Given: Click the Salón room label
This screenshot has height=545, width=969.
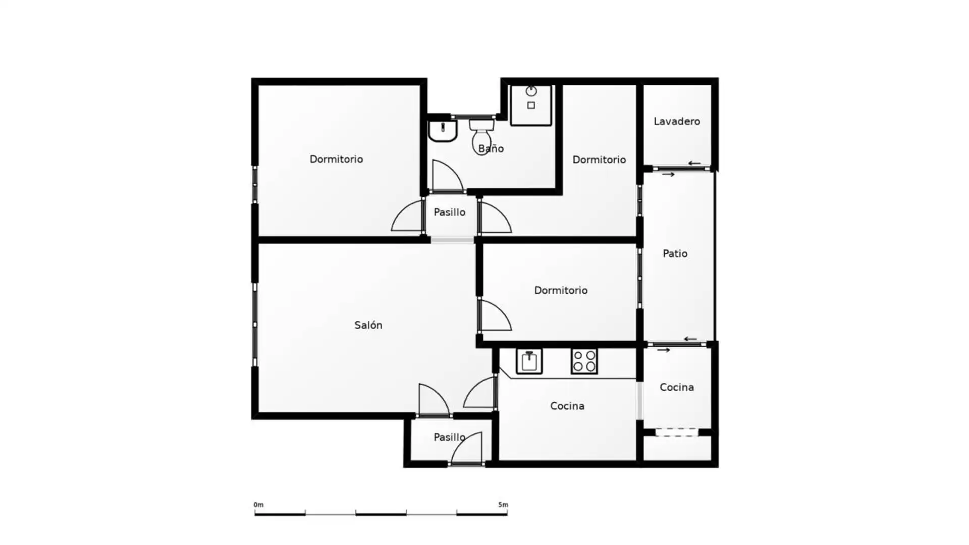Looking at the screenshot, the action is (x=368, y=325).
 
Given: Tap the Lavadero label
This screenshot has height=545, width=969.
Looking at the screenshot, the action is (x=677, y=122).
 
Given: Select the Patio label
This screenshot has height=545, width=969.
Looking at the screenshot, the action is (x=675, y=253).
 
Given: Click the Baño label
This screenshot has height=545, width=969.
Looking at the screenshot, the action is (x=491, y=148).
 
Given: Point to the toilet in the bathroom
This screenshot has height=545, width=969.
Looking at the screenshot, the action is (x=481, y=137).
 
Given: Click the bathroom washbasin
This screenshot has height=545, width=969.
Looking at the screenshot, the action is (x=443, y=131).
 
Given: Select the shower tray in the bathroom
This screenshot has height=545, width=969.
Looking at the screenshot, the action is (x=531, y=105).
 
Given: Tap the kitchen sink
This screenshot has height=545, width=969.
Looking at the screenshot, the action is (x=529, y=361).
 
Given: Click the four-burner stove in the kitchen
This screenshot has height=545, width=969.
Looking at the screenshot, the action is (x=584, y=361).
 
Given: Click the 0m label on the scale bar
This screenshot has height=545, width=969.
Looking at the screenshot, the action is (x=258, y=505).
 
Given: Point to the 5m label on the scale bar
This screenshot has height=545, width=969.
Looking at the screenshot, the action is (x=503, y=505).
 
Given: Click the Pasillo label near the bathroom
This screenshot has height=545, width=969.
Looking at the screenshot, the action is (x=449, y=212).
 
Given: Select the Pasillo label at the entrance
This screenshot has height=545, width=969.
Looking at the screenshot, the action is (x=449, y=438).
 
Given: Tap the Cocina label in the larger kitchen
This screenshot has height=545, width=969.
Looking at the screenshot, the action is (x=567, y=406).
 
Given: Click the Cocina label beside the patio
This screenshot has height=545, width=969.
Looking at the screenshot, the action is (x=677, y=388).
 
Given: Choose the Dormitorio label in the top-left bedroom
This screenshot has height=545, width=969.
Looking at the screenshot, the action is (x=336, y=159).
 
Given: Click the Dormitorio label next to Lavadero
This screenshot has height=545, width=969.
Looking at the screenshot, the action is (x=599, y=160).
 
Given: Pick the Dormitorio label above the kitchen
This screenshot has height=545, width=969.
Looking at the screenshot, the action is (x=561, y=291).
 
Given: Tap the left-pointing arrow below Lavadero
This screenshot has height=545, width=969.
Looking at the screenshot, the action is (x=694, y=163).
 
